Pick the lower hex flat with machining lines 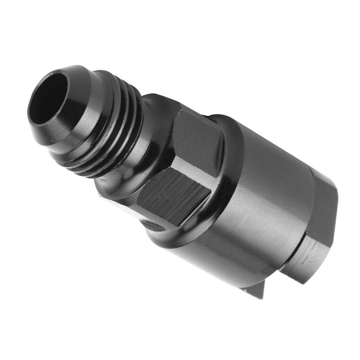pyautogui.click(x=172, y=197)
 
